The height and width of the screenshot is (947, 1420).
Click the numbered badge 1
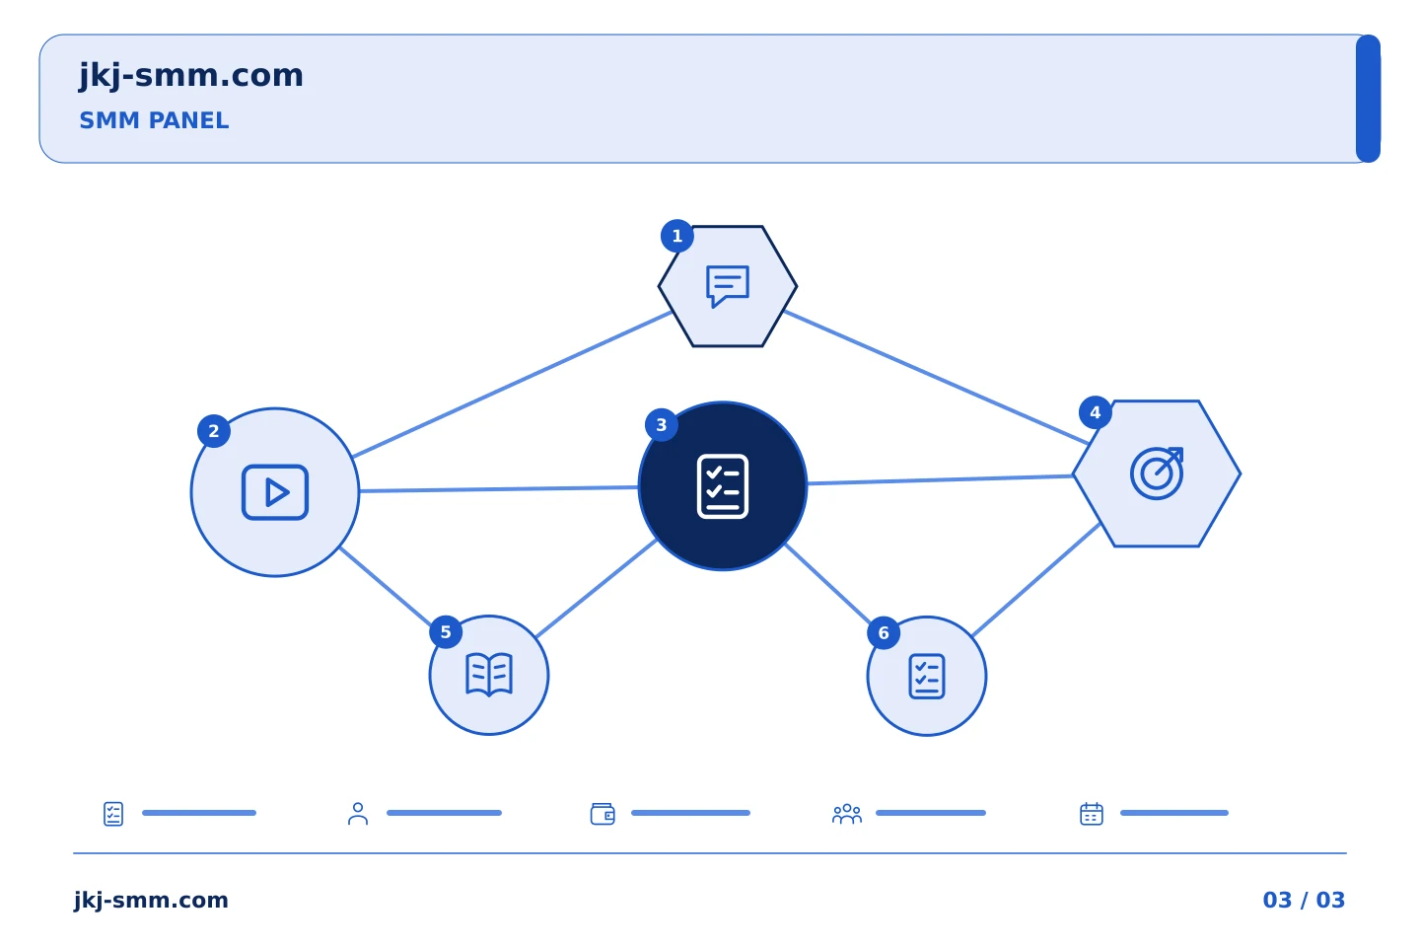677,236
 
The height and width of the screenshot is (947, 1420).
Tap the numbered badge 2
214,431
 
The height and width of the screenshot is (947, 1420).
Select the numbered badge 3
661,425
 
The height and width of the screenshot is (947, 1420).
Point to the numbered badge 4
1095,413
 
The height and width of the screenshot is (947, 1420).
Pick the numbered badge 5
446,632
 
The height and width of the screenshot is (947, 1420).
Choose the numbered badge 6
884,633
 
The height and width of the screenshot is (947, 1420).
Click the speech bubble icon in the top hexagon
728,286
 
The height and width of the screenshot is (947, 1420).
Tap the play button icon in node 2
275,492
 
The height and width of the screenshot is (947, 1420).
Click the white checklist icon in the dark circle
723,486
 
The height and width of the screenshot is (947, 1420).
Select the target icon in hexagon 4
1157,473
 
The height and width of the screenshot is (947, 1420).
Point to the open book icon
489,675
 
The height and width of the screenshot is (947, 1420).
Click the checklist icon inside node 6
927,677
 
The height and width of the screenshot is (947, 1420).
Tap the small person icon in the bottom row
358,814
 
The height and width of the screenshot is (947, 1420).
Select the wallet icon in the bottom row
603,814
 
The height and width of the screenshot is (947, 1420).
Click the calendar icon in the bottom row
1092,814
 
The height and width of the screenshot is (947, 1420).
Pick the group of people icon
847,814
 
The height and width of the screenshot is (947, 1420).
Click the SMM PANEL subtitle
154,120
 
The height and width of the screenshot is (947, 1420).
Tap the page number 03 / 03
1304,900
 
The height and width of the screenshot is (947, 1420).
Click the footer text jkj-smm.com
151,901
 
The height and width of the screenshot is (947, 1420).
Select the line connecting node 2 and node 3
499,489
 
